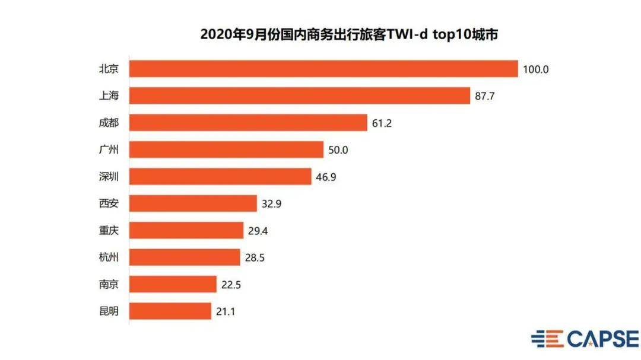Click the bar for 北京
323,69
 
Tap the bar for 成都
248,123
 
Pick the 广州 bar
226,149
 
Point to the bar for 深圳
220,176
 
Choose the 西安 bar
193,203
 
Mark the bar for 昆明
170,311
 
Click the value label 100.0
536,69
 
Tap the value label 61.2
382,123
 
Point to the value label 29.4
259,230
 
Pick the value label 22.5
231,284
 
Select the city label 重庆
109,230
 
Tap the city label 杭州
109,257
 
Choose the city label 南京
109,284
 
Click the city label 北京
109,69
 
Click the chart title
348,34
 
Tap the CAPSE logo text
602,339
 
